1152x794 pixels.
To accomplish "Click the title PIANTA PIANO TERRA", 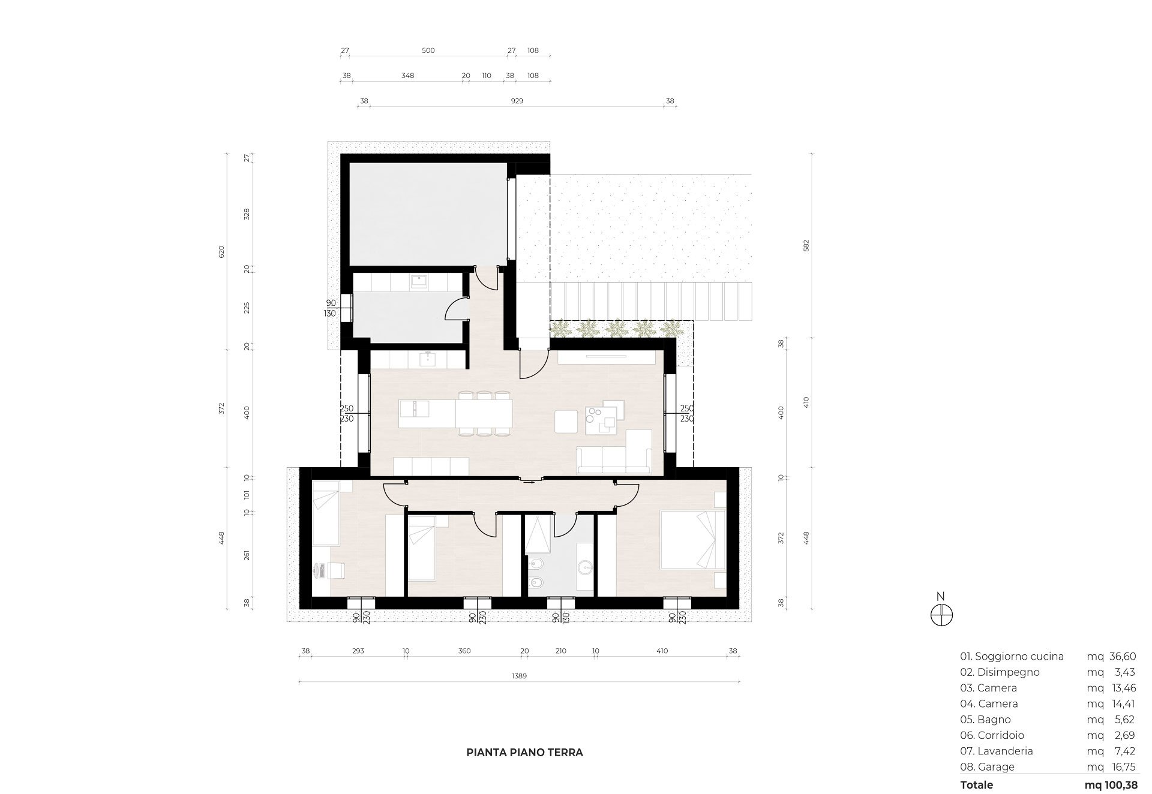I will point(524,752).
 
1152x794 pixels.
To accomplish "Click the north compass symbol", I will point(941,615).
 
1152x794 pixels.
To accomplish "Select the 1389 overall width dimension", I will point(519,676).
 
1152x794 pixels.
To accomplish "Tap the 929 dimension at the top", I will point(517,101).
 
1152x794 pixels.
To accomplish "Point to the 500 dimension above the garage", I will point(428,50).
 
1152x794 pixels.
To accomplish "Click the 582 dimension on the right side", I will point(806,245).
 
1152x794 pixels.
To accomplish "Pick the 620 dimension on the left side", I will point(221,251).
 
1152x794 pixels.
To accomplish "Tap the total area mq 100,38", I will point(1111,784).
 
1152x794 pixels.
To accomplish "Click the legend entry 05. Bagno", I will point(985,719).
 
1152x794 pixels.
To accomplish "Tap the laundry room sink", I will point(418,281).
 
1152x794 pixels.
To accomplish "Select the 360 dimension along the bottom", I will point(464,651).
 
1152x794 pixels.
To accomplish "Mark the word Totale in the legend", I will point(976,784).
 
